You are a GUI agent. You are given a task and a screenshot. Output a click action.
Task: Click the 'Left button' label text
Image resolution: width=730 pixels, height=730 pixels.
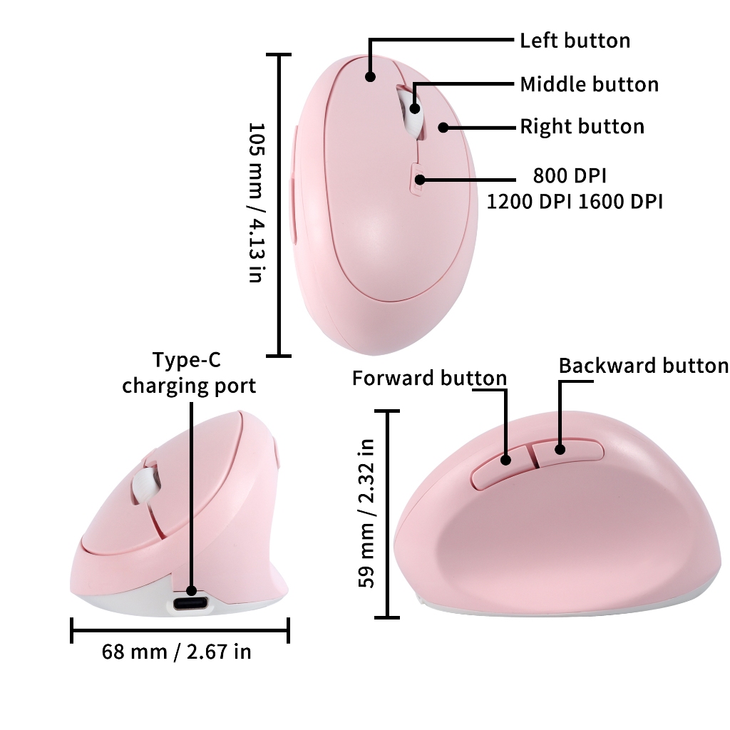575,41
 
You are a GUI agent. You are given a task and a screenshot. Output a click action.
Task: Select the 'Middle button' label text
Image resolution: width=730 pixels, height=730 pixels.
589,85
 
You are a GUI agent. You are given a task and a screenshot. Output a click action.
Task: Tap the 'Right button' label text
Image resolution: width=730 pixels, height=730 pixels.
582,127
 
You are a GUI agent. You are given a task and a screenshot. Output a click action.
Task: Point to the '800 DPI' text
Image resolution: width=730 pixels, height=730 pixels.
570,175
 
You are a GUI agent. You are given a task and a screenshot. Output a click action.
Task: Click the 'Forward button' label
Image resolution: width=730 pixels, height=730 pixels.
429,378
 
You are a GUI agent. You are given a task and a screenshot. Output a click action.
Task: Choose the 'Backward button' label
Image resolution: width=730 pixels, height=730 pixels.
643,366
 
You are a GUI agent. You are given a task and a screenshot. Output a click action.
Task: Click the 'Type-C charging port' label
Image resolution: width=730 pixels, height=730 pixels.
189,374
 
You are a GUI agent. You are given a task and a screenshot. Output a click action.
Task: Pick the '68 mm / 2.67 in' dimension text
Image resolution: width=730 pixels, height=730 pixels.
176,652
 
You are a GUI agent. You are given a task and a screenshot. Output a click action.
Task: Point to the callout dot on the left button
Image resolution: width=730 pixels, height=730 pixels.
370,76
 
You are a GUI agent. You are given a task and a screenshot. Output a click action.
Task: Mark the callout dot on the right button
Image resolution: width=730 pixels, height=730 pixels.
443,128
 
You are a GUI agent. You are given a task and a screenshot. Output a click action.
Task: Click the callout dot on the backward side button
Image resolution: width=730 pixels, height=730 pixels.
560,449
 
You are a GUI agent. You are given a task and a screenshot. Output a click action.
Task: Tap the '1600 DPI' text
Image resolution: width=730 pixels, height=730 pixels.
620,202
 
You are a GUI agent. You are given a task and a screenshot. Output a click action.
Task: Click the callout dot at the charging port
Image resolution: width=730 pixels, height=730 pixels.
191,590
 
